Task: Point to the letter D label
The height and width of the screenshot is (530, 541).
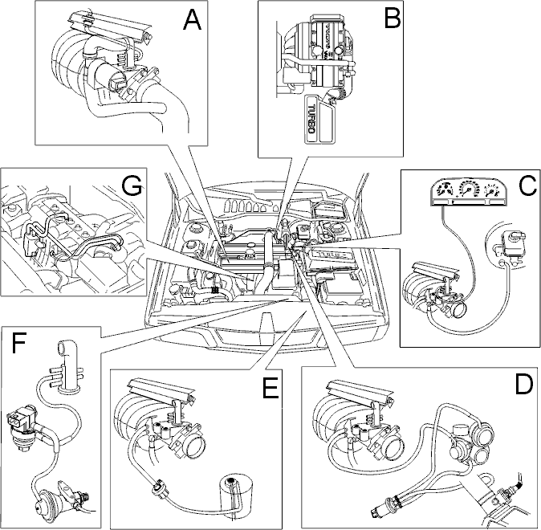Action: coord(523,385)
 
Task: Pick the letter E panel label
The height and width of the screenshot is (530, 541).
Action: coord(270,389)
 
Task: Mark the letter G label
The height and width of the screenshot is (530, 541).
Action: coord(131,186)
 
